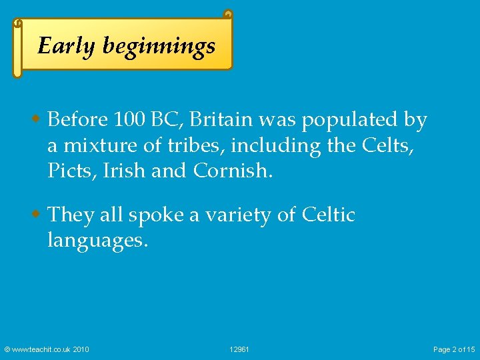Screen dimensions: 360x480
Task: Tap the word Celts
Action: click(393, 145)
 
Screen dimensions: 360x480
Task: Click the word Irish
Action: click(125, 171)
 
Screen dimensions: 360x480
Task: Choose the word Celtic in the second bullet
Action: click(328, 215)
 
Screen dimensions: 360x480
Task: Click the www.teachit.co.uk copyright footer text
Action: click(47, 349)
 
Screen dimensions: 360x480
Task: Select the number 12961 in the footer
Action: click(239, 349)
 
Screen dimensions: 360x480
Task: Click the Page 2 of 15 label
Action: click(454, 349)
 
